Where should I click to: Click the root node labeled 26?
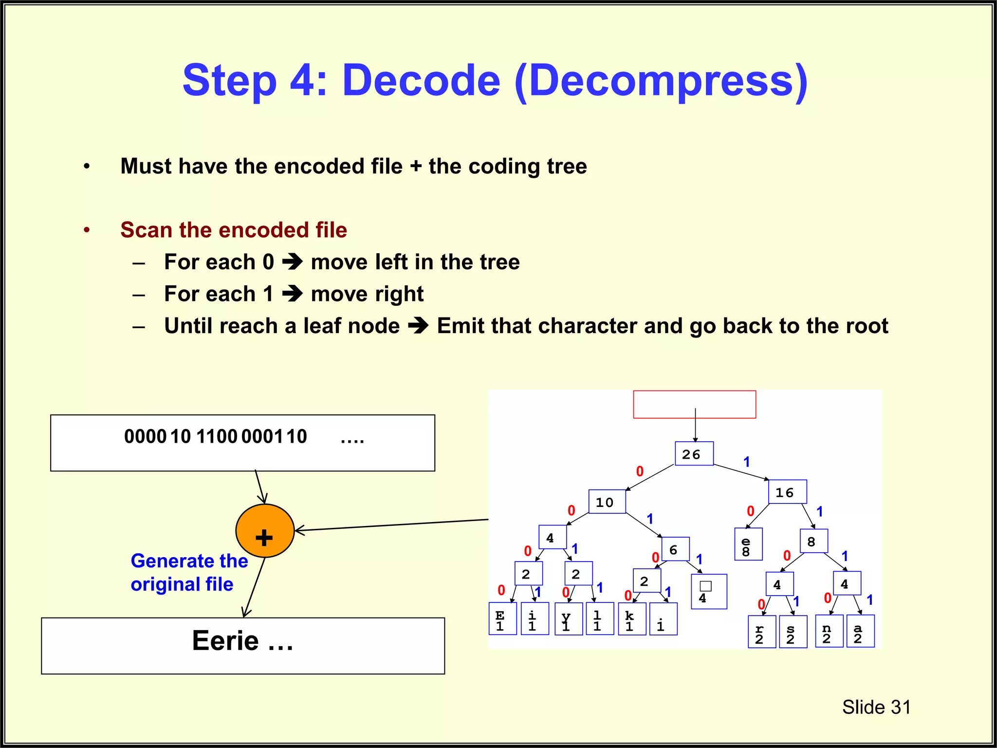click(694, 453)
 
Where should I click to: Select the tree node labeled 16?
click(787, 492)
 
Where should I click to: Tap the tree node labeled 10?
click(607, 502)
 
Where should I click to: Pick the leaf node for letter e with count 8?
click(748, 544)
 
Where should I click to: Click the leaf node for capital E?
click(502, 618)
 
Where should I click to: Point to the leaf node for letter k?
click(632, 619)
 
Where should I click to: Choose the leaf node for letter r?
click(762, 632)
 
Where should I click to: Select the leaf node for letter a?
click(860, 631)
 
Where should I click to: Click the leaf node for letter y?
click(568, 619)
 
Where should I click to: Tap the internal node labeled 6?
click(675, 549)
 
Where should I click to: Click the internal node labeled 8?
click(813, 541)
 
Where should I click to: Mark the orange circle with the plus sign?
click(265, 531)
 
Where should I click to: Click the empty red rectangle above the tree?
click(694, 404)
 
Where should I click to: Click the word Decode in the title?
click(421, 80)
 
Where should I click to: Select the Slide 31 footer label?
click(876, 707)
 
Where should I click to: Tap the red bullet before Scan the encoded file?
click(87, 230)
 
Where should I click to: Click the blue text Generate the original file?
click(189, 573)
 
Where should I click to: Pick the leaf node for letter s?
click(793, 632)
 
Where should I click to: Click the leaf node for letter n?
click(829, 631)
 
